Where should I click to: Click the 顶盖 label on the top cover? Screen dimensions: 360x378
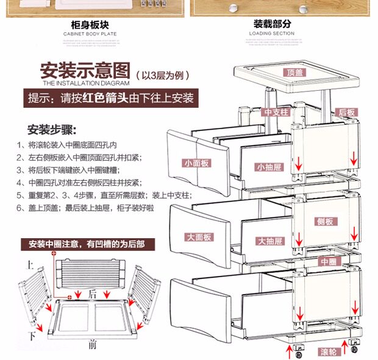[x=296, y=72]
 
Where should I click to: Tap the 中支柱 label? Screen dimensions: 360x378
[x=275, y=112]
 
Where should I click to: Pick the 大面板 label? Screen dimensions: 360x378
[x=198, y=236]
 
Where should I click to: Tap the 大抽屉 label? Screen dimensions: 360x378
[x=269, y=241]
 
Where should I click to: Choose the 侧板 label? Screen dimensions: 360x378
[x=324, y=222]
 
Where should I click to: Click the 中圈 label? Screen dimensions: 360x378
[x=328, y=261]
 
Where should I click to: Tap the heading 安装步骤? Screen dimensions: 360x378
[x=51, y=130]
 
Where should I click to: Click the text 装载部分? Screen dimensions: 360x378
[x=273, y=24]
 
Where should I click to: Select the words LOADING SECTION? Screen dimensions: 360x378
[x=272, y=34]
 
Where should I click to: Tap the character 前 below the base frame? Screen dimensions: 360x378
[x=92, y=345]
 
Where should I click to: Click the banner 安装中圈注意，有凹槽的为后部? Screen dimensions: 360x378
[x=87, y=244]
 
